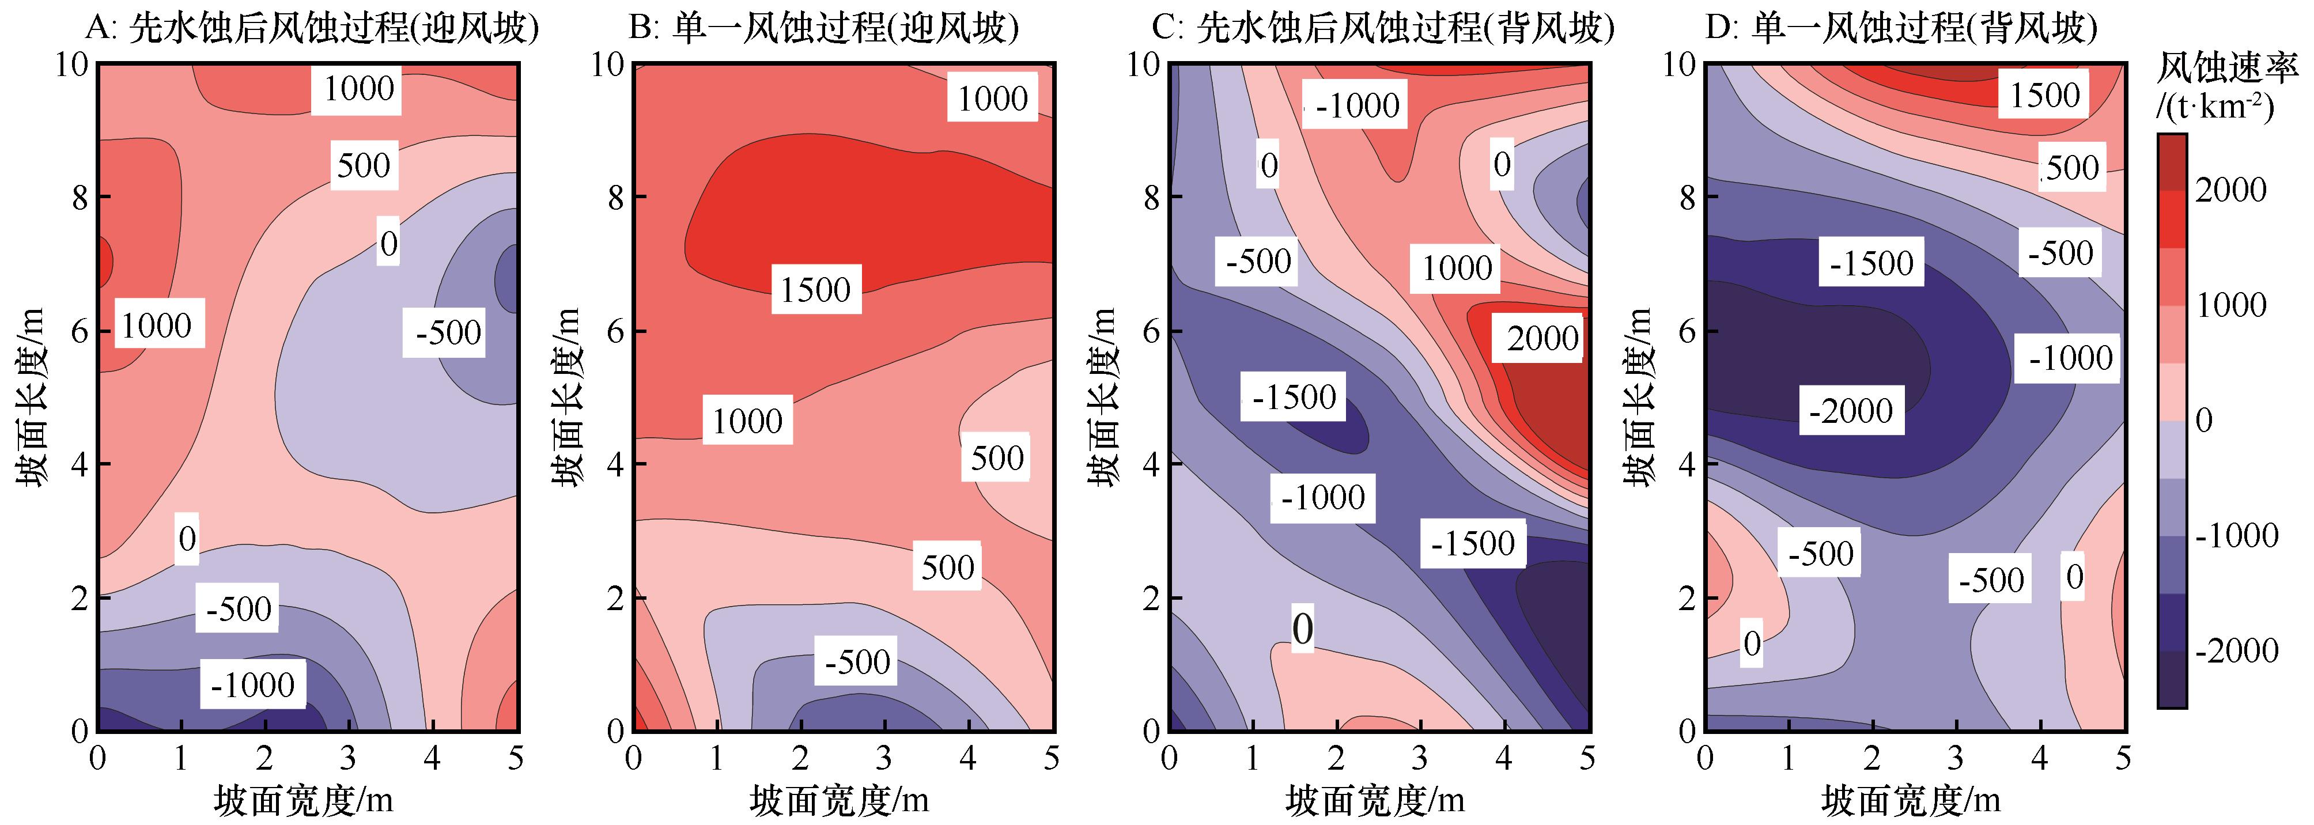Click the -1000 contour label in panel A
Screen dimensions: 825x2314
tap(252, 685)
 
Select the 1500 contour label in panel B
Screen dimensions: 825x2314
tap(815, 289)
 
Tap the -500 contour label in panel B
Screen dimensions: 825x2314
tap(856, 661)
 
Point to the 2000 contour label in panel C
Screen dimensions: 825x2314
tap(1541, 338)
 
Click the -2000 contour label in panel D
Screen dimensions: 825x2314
tap(1851, 410)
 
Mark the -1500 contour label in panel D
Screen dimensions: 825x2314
tap(1871, 262)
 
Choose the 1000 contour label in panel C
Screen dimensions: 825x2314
tap(1456, 267)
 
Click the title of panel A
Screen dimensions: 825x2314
tap(312, 29)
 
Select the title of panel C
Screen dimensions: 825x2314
tap(1383, 29)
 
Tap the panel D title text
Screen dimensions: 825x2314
tap(1901, 29)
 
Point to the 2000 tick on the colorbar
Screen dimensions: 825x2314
tap(2230, 190)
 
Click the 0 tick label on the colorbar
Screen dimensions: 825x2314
tap(2203, 419)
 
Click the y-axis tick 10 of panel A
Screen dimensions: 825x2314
tap(72, 65)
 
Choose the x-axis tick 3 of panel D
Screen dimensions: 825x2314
tap(1956, 759)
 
